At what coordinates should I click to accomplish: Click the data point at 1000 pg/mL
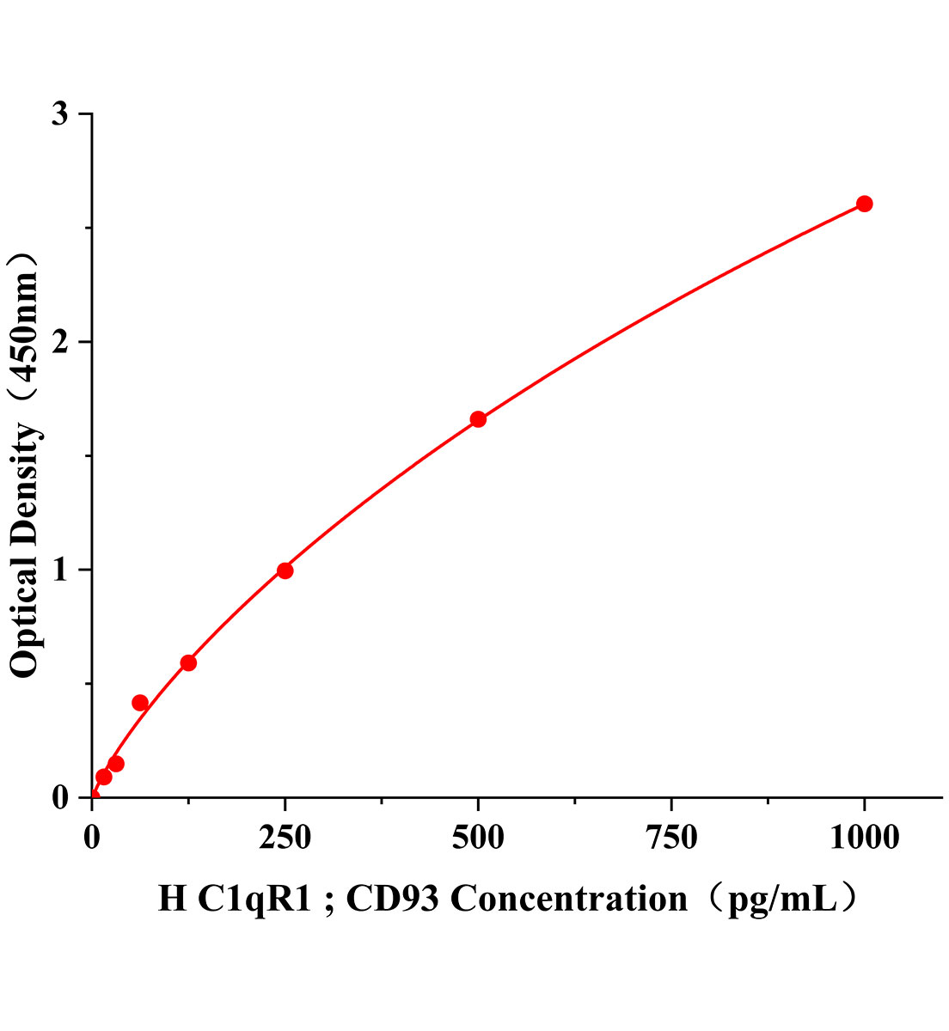(864, 204)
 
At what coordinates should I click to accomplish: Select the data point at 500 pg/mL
(478, 419)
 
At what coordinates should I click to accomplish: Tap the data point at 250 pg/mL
(285, 570)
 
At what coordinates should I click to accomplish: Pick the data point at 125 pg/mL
(188, 662)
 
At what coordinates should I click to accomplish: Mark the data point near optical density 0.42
(140, 703)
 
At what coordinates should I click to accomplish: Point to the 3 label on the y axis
(60, 115)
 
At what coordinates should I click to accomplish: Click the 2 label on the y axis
(60, 342)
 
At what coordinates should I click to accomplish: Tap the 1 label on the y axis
(60, 570)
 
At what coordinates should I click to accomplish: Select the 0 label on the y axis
(60, 797)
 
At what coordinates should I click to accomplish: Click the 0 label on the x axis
(92, 838)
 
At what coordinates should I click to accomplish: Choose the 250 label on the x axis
(285, 838)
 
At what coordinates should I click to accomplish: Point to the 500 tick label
(478, 838)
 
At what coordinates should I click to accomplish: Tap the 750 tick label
(670, 838)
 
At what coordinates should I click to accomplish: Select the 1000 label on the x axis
(864, 838)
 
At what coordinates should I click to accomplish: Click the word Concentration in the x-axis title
(569, 899)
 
